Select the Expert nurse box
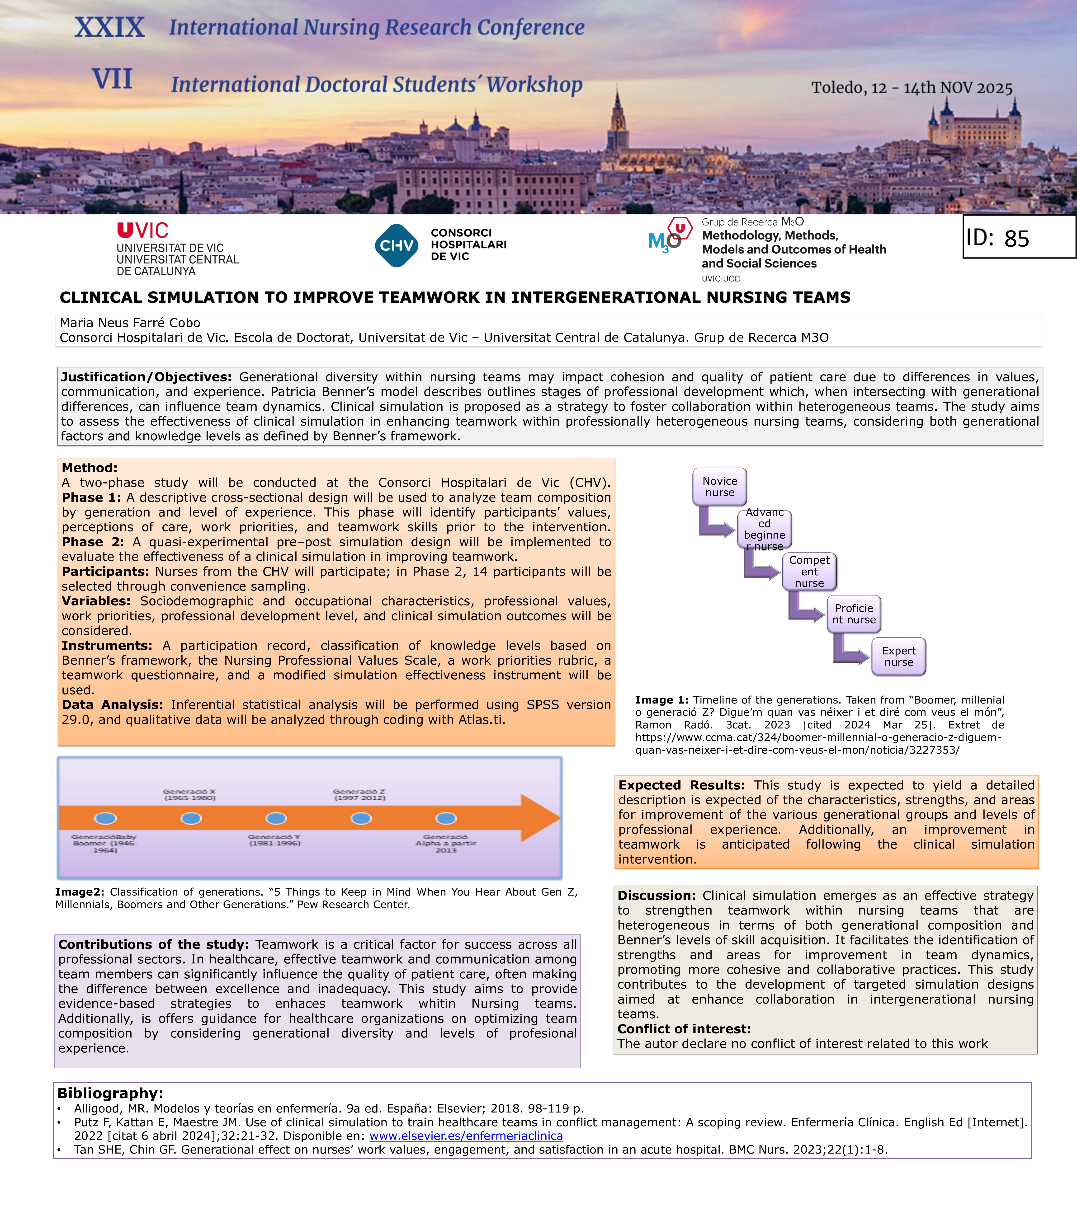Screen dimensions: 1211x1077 point(899,657)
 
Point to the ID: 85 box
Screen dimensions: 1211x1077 point(1018,237)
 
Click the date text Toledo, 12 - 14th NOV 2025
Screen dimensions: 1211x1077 point(912,88)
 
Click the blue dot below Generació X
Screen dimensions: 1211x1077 point(190,818)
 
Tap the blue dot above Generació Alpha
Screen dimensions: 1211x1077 point(446,818)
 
